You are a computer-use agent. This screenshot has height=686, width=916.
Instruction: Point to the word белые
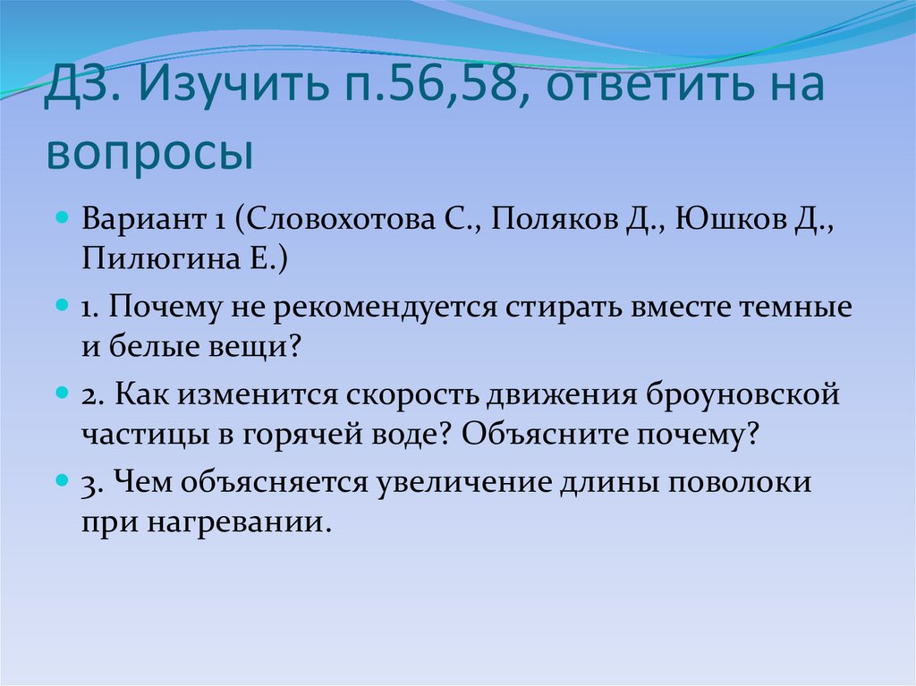pyautogui.click(x=148, y=346)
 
